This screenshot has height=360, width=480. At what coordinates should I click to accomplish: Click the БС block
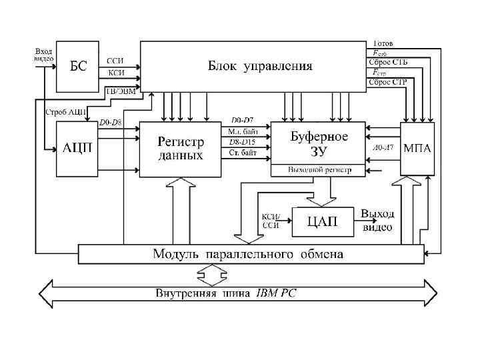(x=79, y=67)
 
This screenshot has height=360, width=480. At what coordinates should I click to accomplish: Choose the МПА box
(x=417, y=148)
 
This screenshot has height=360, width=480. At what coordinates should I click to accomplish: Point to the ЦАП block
(x=323, y=221)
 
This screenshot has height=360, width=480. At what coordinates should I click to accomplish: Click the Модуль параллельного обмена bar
(x=250, y=254)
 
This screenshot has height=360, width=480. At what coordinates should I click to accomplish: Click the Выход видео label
(x=377, y=220)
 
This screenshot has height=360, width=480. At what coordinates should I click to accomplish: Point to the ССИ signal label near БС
(x=115, y=61)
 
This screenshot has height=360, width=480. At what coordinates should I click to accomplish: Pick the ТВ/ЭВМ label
(x=121, y=92)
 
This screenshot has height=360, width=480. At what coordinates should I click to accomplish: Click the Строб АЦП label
(x=65, y=111)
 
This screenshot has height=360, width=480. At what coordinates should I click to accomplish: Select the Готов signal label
(x=383, y=43)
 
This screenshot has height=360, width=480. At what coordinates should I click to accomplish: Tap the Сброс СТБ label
(x=387, y=62)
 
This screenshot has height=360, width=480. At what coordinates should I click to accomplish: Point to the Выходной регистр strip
(x=318, y=170)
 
